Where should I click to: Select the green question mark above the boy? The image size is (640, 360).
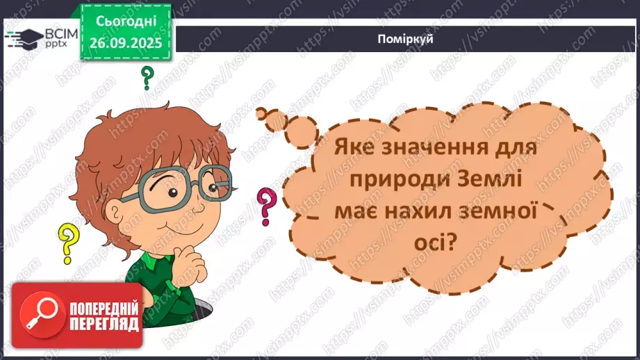(147, 79)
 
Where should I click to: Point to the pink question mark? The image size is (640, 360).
(265, 206)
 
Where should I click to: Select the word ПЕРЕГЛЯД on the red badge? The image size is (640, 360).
(104, 323)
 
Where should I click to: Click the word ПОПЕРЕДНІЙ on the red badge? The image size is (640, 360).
(104, 307)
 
